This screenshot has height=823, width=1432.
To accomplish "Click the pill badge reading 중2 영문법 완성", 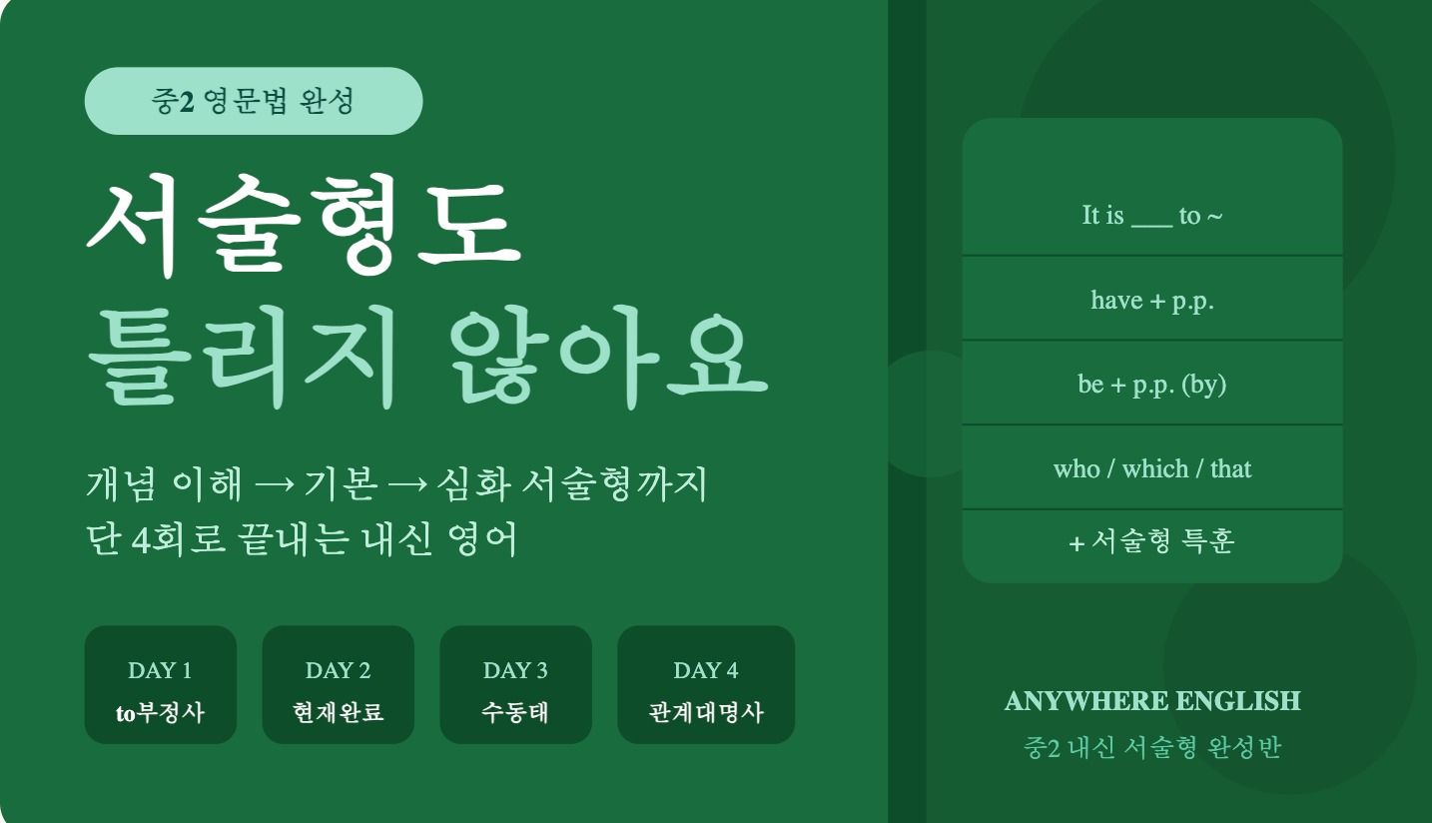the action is point(254,101).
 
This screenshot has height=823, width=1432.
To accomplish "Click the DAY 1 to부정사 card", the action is point(161,685).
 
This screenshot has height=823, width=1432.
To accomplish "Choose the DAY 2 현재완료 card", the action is point(339,685).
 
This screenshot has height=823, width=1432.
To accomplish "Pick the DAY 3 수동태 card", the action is point(516,685).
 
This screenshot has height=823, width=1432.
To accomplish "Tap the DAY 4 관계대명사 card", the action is point(706,685).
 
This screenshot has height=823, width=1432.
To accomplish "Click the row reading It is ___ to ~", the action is point(1152,215).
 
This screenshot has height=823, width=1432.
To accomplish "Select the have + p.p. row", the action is point(1152,300).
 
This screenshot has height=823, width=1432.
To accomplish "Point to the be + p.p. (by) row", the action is point(1152,384).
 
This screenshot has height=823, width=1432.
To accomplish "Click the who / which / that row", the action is point(1152,468).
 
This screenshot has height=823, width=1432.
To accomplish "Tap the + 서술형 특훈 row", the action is point(1152,541).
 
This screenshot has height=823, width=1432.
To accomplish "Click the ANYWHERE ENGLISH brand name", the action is point(1152,701).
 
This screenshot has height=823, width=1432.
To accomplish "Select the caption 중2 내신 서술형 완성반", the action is point(1152,747).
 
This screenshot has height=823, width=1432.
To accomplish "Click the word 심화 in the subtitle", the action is point(473,483).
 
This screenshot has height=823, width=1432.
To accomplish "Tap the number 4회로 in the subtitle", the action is point(179,538).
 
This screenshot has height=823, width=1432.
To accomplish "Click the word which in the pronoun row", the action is point(1155,468).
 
